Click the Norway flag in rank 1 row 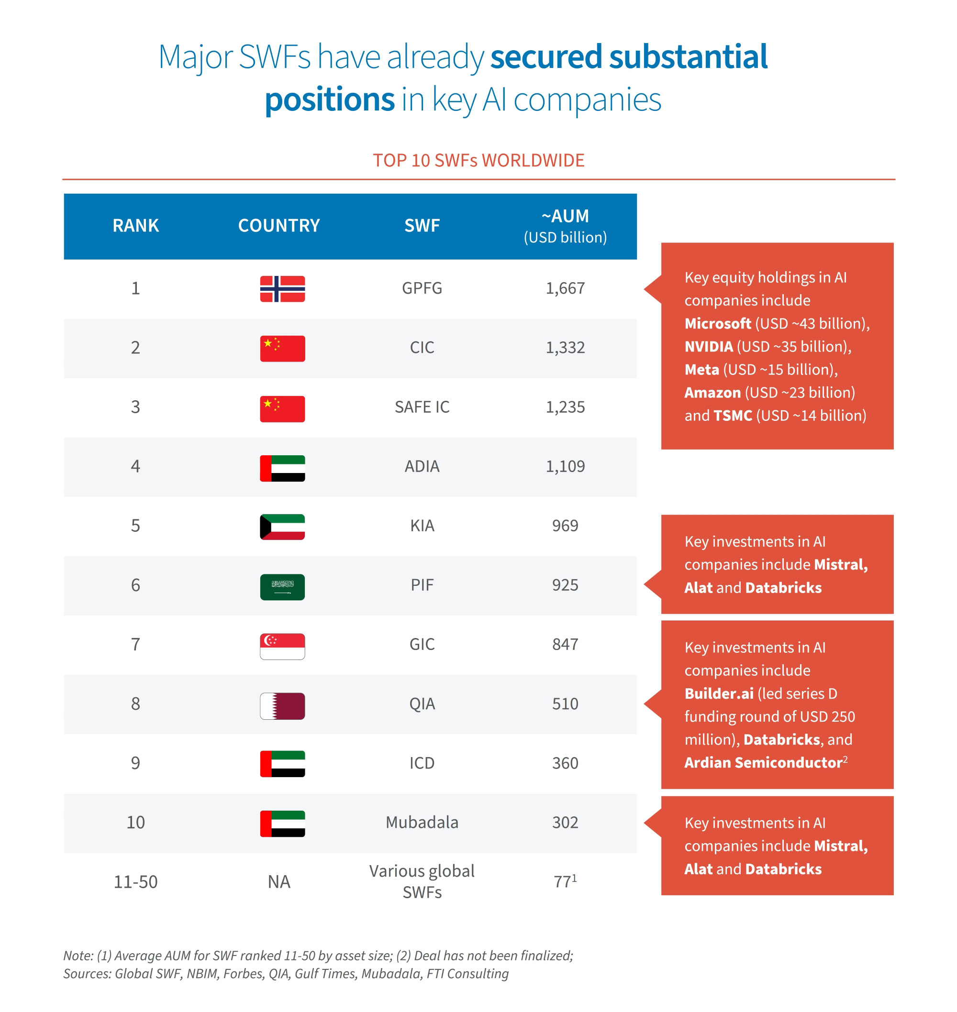point(282,288)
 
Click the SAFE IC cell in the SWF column point(422,407)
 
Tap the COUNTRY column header point(278,225)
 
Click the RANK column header point(135,225)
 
